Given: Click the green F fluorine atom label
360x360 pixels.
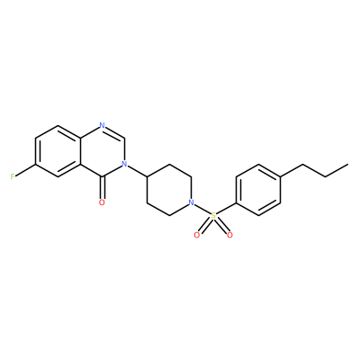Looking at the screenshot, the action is pos(13,176).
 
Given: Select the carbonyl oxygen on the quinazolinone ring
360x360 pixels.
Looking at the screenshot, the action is pos(102,202).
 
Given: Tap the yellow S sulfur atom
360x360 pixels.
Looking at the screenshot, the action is pos(213,215).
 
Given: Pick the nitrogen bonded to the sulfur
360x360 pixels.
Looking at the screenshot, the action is pos(191,202).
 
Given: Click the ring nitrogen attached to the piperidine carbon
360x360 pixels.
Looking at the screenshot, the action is pos(124,164).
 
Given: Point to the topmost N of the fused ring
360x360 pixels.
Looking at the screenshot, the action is pos(102,125).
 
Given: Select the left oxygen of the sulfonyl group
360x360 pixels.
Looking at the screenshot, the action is pos(197,235).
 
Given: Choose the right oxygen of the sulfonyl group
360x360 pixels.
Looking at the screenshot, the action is pos(229,235).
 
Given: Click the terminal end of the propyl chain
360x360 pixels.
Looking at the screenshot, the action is pos(348,164).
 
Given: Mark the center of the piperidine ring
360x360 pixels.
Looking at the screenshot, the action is pos(169,190).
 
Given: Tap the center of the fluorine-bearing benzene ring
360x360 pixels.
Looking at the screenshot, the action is pos(58,151).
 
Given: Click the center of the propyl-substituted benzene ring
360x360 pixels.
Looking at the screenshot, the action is pos(258,190).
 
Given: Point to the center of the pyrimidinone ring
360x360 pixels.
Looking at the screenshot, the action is pos(102,151).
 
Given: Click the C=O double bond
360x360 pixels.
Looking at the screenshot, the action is pos(102,187).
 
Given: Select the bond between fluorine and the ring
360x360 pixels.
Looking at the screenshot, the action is pos(25,170).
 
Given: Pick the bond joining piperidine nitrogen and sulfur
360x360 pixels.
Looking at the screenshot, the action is pos(202,209).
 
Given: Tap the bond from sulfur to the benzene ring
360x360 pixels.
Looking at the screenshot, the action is pos(226,208).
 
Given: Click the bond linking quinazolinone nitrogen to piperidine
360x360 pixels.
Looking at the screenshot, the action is pos(137,170).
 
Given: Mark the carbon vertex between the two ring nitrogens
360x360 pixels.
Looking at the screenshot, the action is pos(124,139).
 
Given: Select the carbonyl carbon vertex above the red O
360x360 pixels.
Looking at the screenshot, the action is pos(102,177).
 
